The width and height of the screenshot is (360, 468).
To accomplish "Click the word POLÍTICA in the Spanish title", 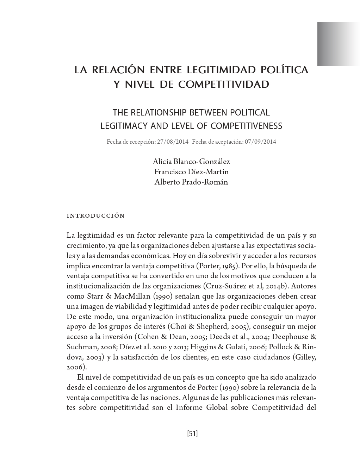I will (284, 70).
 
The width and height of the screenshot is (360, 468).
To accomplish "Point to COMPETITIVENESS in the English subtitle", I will (247, 126).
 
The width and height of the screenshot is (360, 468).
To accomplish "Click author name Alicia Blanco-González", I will (191, 162).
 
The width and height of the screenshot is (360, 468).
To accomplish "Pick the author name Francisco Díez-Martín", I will (191, 172).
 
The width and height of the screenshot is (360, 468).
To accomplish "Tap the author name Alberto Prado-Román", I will (191, 182).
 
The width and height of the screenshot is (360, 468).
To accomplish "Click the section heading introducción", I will (95, 216).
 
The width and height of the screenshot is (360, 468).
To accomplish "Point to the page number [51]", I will (192, 433).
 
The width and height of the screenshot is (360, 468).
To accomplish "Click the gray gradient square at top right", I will (338, 44).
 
